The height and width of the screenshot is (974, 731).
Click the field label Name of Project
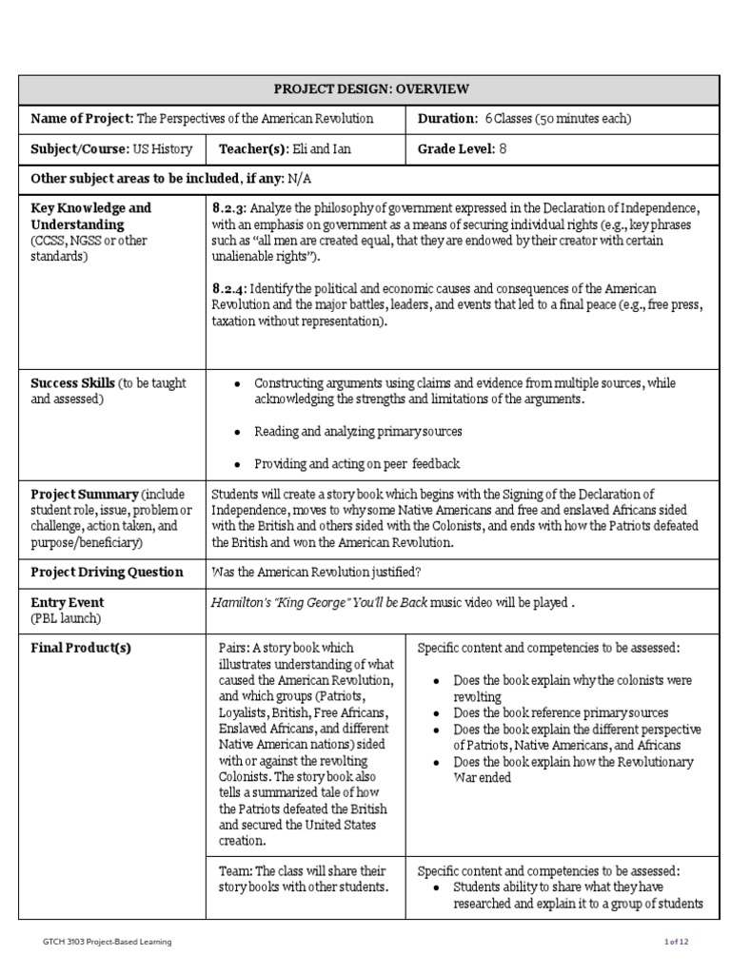(x=82, y=119)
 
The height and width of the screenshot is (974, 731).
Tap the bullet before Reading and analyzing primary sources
(x=237, y=432)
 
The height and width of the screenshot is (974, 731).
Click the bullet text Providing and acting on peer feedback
(x=356, y=464)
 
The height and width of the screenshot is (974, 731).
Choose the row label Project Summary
(x=84, y=495)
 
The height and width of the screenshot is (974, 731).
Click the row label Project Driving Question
(x=107, y=573)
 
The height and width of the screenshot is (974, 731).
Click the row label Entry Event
(x=68, y=603)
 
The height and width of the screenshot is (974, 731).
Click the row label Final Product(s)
(x=81, y=649)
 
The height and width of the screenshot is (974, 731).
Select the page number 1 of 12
(x=676, y=942)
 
